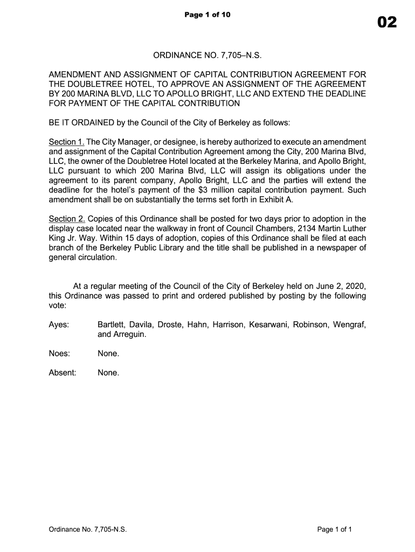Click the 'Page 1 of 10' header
(x=207, y=15)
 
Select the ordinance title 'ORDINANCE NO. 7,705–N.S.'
(x=207, y=56)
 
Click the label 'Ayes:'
(x=59, y=325)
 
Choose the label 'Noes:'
(x=59, y=354)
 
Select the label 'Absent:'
(x=63, y=372)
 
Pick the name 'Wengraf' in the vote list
(x=349, y=325)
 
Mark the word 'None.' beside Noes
(x=108, y=354)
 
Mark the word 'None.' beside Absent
(x=108, y=372)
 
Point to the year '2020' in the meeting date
(x=355, y=286)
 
